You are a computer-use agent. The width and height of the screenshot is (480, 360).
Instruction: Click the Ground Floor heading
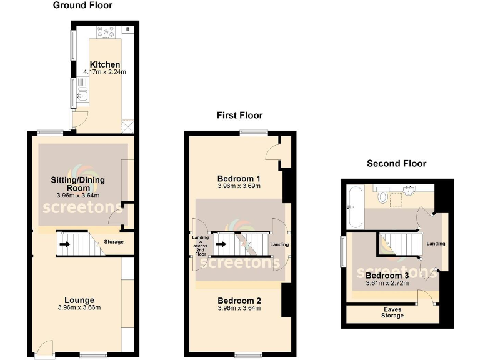tap(83, 6)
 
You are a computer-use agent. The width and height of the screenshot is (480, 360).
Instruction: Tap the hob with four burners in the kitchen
tap(104, 29)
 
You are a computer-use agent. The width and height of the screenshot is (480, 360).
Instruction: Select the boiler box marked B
tap(128, 29)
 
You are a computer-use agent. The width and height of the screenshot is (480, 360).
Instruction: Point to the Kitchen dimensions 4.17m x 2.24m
tap(105, 72)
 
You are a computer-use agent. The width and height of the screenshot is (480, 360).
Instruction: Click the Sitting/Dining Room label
tap(78, 184)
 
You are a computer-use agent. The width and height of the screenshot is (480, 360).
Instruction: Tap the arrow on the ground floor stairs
tap(64, 244)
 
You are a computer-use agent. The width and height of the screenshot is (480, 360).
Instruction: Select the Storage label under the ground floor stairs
tap(114, 242)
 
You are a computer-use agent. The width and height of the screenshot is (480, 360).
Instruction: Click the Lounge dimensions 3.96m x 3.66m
tap(79, 307)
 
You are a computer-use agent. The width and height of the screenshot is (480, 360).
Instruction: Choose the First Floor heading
tap(239, 115)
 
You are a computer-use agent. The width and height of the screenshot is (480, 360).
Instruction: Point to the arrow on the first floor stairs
tap(220, 244)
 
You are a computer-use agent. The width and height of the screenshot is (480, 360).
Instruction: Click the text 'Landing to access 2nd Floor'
tap(200, 246)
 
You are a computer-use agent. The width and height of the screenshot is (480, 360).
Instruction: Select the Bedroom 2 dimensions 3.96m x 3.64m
tap(239, 308)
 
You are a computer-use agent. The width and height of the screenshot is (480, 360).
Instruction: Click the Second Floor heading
tap(396, 164)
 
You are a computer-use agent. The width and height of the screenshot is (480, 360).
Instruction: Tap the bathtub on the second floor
tap(354, 207)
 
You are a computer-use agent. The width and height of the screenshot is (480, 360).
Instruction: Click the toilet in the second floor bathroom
tap(382, 197)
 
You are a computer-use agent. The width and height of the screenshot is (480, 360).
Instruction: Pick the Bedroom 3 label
tap(387, 276)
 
